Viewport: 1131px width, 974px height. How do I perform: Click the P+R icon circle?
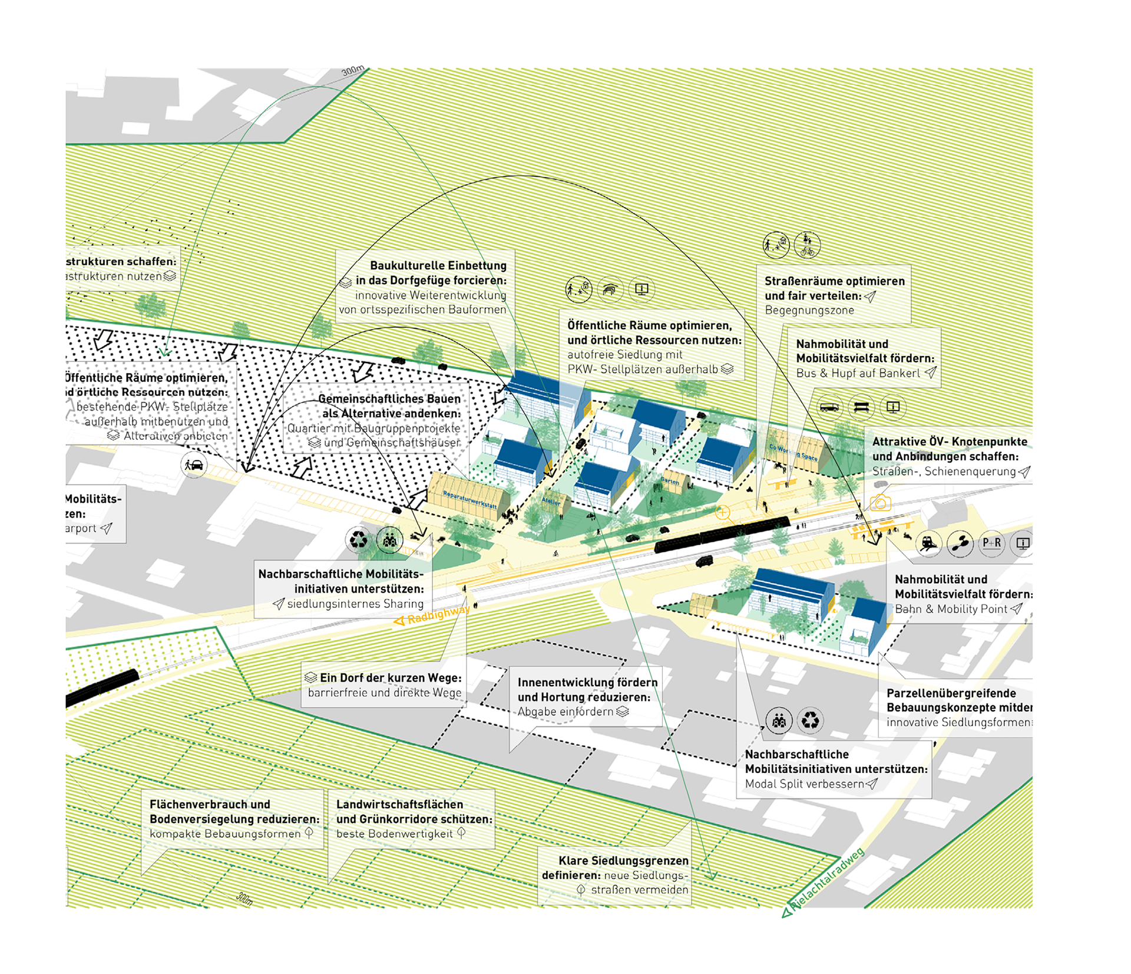pos(991,543)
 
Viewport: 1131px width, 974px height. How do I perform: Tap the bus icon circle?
pos(829,407)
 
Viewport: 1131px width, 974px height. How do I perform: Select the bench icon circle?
pos(861,407)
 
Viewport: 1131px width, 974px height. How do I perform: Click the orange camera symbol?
pos(880,503)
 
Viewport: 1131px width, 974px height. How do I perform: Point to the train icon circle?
pos(928,543)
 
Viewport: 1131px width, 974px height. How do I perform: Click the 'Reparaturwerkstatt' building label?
pos(469,500)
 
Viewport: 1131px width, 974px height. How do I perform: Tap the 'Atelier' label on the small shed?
pos(551,502)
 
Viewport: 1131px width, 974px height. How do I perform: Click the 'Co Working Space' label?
pos(793,452)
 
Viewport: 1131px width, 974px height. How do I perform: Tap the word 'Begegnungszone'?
pos(809,311)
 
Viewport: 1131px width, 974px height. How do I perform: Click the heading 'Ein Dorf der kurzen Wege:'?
pos(391,678)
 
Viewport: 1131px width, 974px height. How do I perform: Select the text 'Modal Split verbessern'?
pos(804,784)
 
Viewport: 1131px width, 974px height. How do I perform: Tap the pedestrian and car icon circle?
pos(194,465)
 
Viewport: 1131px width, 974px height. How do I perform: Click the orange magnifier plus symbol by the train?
pos(723,512)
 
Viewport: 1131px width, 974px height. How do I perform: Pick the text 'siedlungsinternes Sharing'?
pos(355,604)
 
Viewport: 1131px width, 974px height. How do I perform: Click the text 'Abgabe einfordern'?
pos(565,712)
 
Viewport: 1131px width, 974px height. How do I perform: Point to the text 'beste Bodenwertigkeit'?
pos(394,834)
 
